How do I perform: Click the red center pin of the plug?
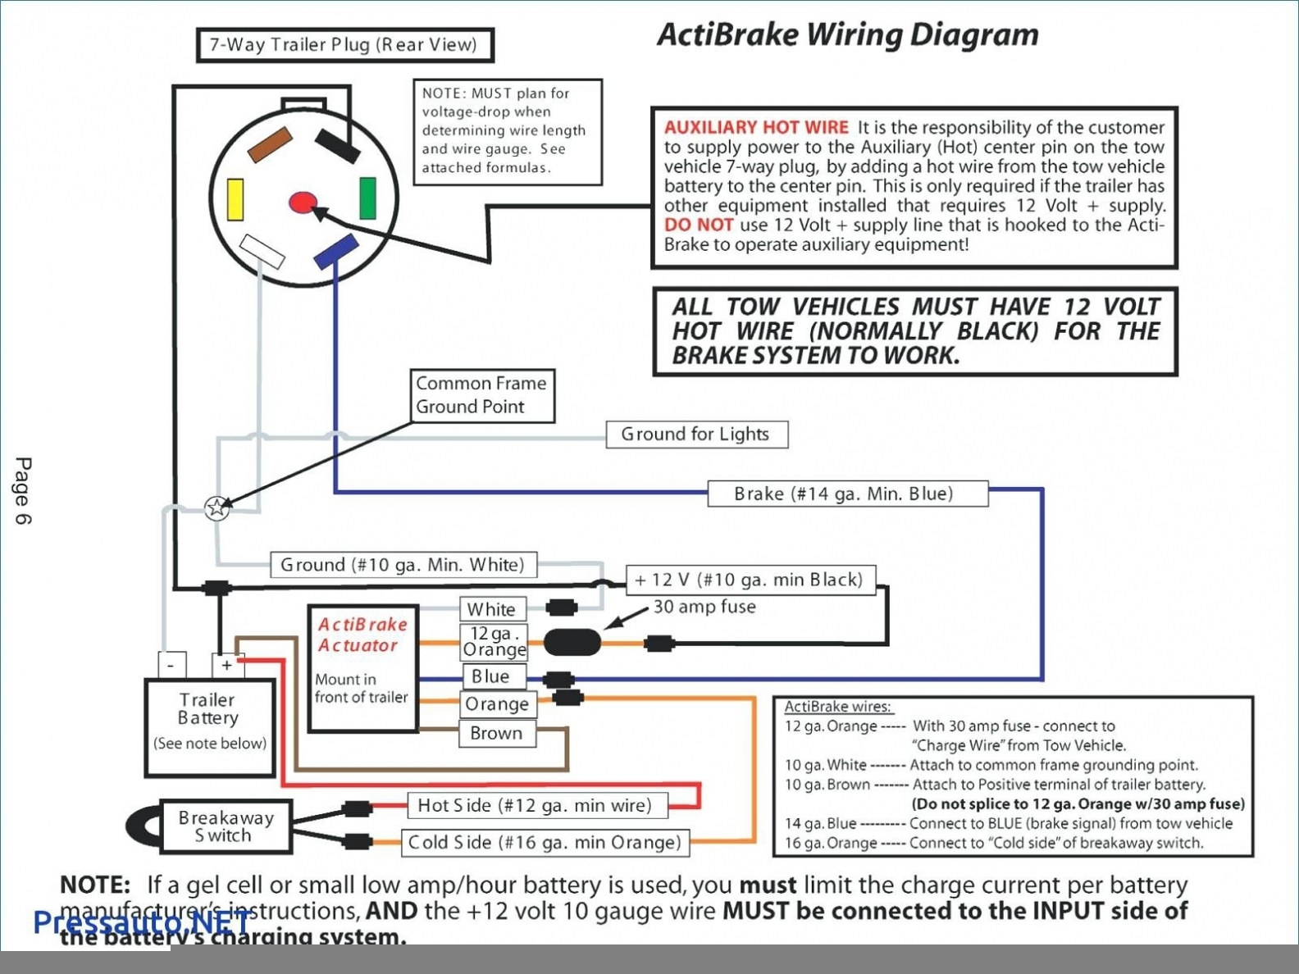(303, 203)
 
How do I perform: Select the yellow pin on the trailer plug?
(235, 199)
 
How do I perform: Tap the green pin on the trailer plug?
(368, 198)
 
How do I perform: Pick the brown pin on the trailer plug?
(270, 144)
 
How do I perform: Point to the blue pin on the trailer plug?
(336, 251)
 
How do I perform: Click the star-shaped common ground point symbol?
(216, 508)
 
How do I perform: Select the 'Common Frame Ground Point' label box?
(482, 395)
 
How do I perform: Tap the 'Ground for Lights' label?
(696, 435)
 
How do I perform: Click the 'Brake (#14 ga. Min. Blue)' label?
(847, 494)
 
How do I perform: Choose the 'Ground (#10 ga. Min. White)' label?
(403, 565)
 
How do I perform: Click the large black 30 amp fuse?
(572, 642)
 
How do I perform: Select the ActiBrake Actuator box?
(363, 669)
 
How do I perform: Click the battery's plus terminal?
(226, 665)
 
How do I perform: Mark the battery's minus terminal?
(171, 665)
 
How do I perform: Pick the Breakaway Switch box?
(226, 826)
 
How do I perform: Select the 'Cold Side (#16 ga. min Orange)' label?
(545, 843)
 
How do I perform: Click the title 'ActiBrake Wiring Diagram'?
(847, 35)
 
